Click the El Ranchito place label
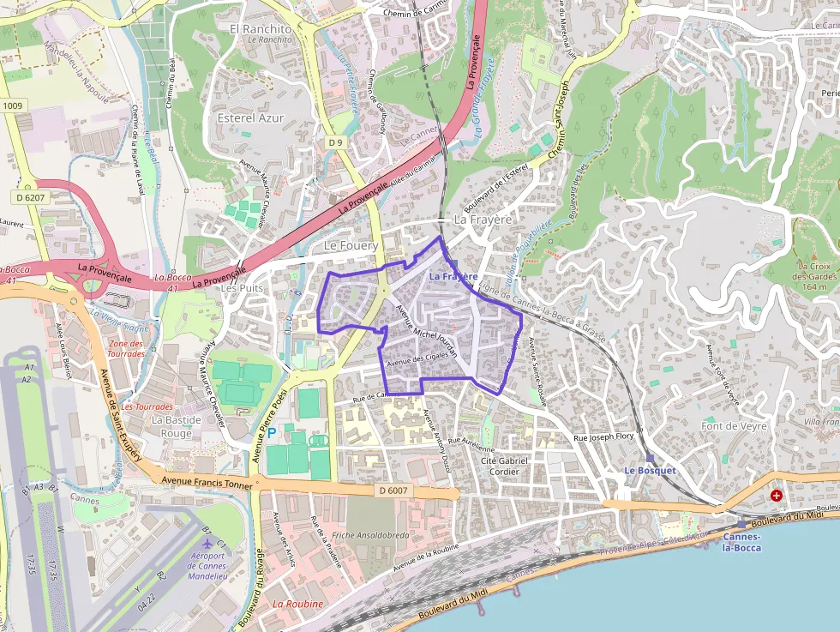(x=261, y=29)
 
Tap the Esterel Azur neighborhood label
(x=250, y=117)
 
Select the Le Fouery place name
(x=351, y=246)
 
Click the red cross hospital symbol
(x=777, y=495)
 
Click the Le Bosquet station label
(x=650, y=471)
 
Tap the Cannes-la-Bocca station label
(x=741, y=542)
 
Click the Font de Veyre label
(x=734, y=426)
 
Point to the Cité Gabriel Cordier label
(x=504, y=466)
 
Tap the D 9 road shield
(x=335, y=142)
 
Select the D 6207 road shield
(x=30, y=198)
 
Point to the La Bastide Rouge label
(x=177, y=426)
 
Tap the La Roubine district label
(x=298, y=604)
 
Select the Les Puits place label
(x=242, y=288)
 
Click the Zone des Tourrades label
(x=127, y=348)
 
